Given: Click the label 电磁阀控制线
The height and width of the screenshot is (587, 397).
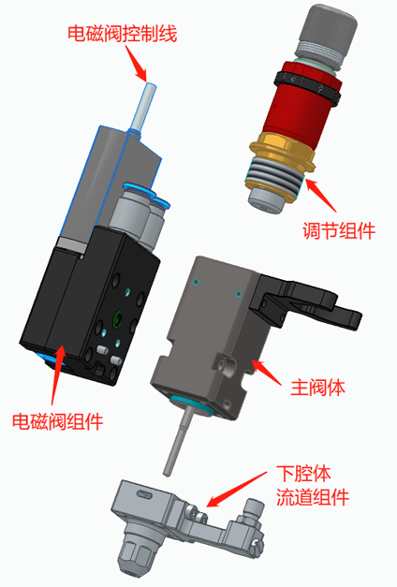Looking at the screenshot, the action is click(122, 34).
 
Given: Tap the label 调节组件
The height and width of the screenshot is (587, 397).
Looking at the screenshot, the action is click(339, 230).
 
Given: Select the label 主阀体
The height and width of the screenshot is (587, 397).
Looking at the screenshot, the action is click(317, 387).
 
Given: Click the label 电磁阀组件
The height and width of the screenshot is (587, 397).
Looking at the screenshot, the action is click(58, 421).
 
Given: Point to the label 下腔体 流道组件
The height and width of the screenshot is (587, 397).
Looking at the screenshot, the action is click(313, 485).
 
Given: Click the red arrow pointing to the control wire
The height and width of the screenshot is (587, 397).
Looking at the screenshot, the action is click(136, 63).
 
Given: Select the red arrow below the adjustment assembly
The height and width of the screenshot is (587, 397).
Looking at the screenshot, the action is click(321, 196).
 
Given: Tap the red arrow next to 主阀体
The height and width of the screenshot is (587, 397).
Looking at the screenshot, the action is click(266, 372).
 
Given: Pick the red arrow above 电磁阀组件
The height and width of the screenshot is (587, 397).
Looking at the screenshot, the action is click(56, 375).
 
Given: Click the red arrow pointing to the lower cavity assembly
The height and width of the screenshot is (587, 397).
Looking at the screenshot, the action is click(236, 490).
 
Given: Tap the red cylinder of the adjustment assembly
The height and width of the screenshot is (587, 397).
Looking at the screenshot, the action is click(300, 109).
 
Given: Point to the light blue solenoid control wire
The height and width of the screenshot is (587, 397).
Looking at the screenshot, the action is click(143, 106).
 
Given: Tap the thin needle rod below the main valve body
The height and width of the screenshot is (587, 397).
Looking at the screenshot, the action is click(178, 441).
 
